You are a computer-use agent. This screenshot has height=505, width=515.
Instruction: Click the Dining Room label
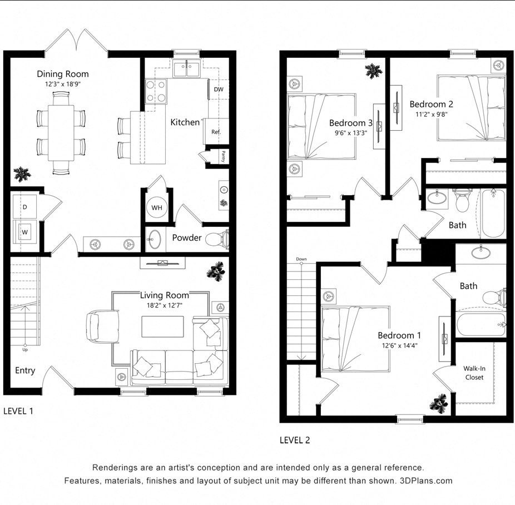pos(63,74)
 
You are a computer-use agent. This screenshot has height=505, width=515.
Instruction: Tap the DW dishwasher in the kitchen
pos(219,90)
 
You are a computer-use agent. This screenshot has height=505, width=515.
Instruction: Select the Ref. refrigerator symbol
pos(216,132)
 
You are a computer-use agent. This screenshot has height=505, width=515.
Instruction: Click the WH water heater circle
pos(157,208)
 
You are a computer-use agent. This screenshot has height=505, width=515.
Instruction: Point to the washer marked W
pos(25,229)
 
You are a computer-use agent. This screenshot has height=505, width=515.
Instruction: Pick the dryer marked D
pos(25,207)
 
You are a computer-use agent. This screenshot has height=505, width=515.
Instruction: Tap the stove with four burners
pos(156,91)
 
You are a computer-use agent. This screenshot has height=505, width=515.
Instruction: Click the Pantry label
pos(224,155)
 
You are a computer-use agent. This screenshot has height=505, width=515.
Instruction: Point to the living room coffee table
pos(162,326)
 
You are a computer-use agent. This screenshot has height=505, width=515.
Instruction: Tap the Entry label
pos(25,370)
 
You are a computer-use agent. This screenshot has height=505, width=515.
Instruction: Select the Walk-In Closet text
pos(474,373)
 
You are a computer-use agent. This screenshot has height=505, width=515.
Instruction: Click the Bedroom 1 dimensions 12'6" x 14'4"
pos(399,345)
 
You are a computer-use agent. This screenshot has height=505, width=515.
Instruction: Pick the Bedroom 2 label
pos(432,104)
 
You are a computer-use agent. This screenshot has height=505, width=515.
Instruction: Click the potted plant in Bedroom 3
pos(372,71)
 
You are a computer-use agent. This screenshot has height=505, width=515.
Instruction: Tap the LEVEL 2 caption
pos(295,440)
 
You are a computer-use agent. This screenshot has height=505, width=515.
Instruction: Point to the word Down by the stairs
pos(301,259)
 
